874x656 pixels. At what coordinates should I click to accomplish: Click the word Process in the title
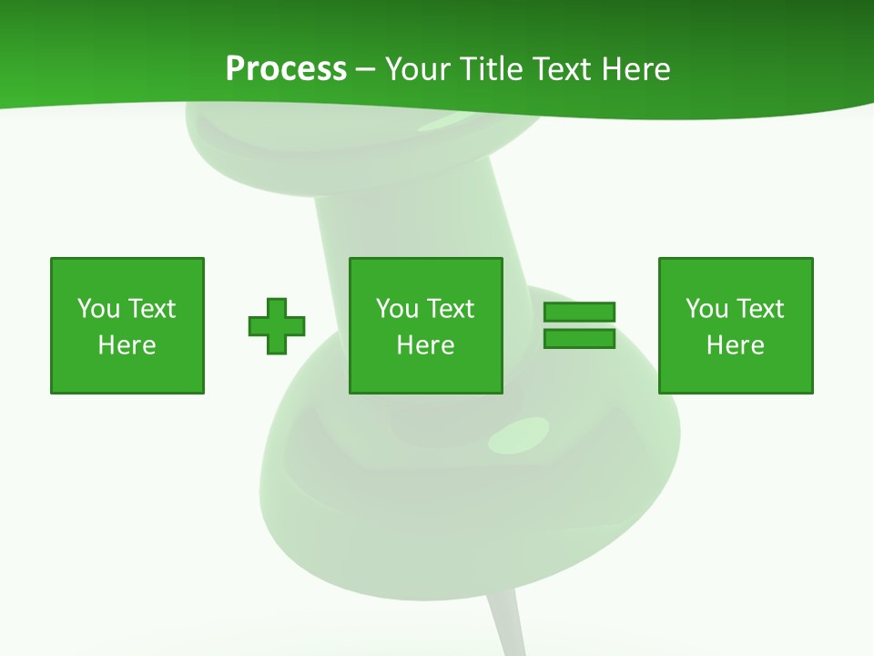click(286, 69)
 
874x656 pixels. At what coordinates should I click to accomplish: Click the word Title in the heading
click(493, 69)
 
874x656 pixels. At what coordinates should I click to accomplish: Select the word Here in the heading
click(637, 69)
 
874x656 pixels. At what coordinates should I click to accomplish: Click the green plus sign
click(277, 325)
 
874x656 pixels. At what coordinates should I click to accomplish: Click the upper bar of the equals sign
click(579, 312)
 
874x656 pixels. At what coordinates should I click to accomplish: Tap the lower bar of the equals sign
click(579, 339)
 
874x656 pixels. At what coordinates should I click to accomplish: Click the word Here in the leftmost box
click(127, 345)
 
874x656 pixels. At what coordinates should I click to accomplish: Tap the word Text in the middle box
click(450, 309)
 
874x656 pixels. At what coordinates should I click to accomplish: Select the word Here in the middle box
click(426, 345)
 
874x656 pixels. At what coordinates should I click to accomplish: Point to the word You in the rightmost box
click(706, 309)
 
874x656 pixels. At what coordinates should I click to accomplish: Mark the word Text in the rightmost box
click(759, 309)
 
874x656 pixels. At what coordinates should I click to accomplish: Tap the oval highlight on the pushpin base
click(519, 435)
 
